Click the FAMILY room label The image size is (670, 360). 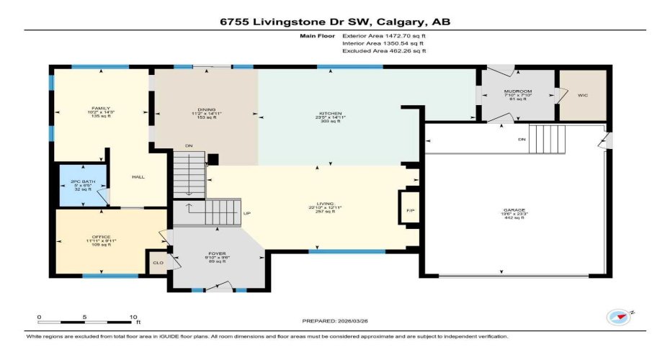100,108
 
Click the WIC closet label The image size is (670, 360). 582,94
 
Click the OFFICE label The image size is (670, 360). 101,235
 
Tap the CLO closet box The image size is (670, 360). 156,262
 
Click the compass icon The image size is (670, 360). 617,318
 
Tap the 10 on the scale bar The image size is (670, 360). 133,317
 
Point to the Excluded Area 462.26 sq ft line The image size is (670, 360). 385,51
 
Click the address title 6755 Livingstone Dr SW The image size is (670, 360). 335,22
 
